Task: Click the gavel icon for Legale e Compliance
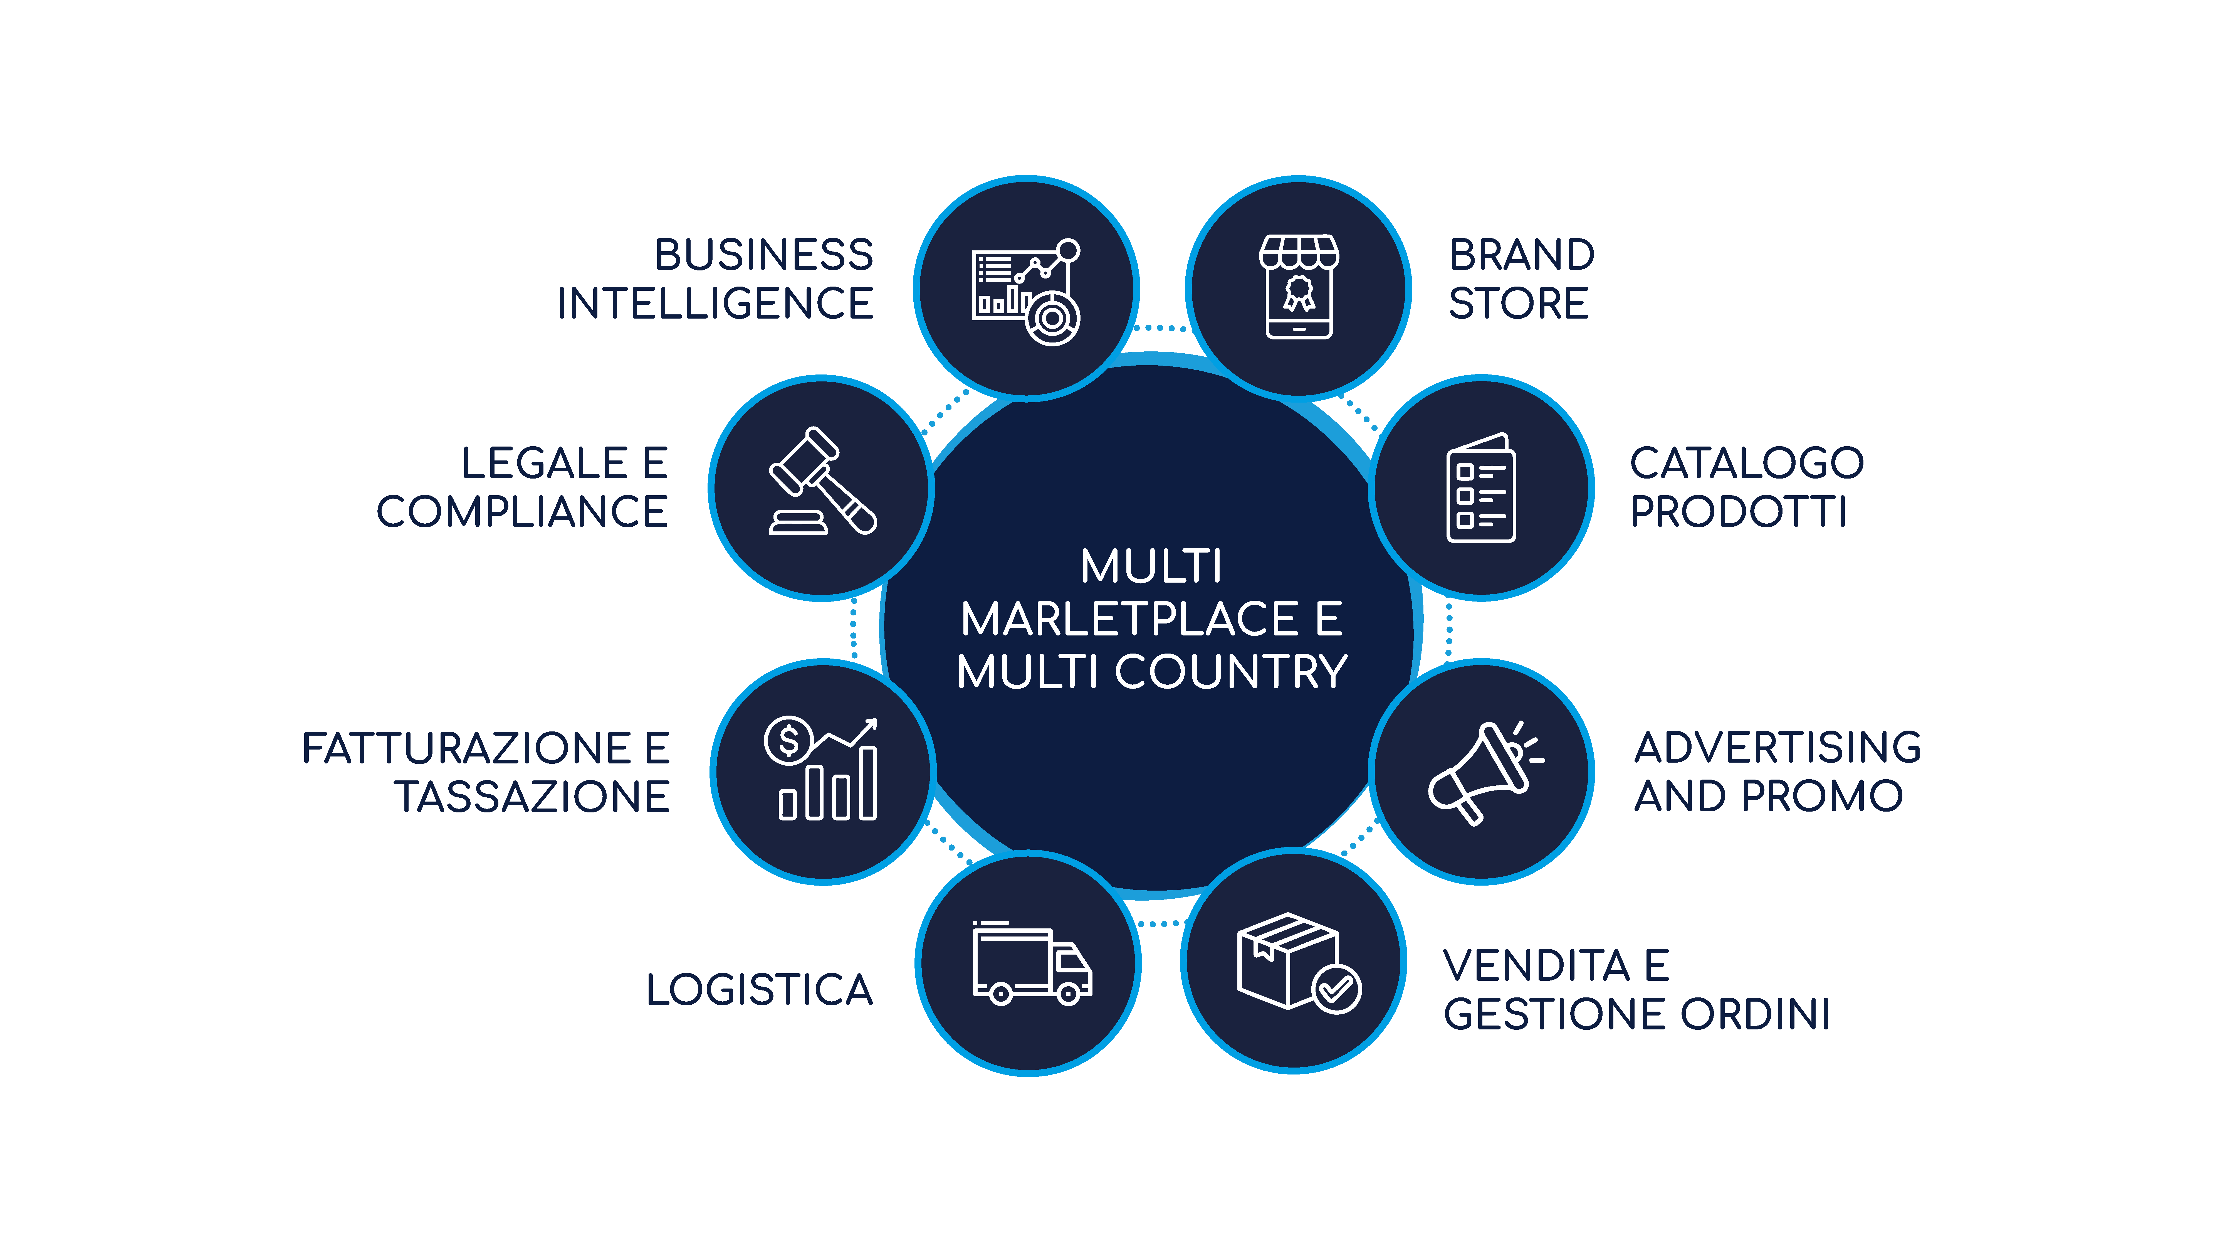pyautogui.click(x=822, y=482)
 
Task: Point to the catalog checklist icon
pyautogui.click(x=1480, y=489)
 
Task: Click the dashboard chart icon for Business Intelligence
pyautogui.click(x=1026, y=291)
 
